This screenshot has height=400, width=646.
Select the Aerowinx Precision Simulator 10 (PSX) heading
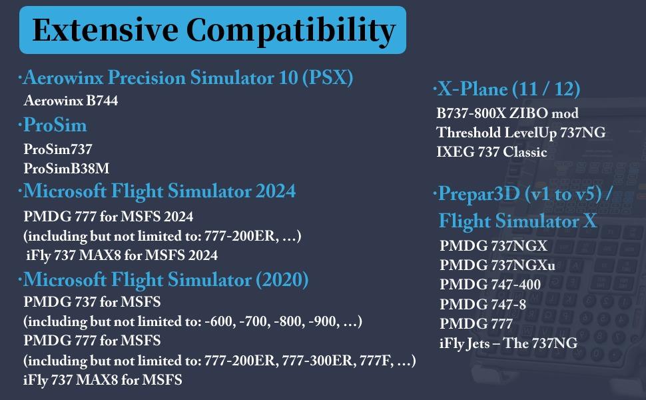186,79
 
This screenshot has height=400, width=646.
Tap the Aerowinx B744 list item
71,101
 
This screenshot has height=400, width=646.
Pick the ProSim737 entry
58,149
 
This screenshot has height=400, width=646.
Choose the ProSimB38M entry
66,168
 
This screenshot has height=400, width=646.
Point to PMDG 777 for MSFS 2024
109,217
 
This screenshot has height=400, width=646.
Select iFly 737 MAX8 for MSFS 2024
122,255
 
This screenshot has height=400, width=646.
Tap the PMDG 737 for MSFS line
92,303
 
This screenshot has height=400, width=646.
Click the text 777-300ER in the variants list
312,361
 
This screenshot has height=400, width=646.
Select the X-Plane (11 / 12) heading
507,89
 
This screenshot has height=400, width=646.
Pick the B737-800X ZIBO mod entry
507,113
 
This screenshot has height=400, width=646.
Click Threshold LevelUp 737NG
521,133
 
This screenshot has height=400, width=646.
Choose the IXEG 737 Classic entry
491,152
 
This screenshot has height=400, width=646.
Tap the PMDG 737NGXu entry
497,265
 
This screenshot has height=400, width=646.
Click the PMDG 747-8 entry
483,305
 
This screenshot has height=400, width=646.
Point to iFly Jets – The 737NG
508,343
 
